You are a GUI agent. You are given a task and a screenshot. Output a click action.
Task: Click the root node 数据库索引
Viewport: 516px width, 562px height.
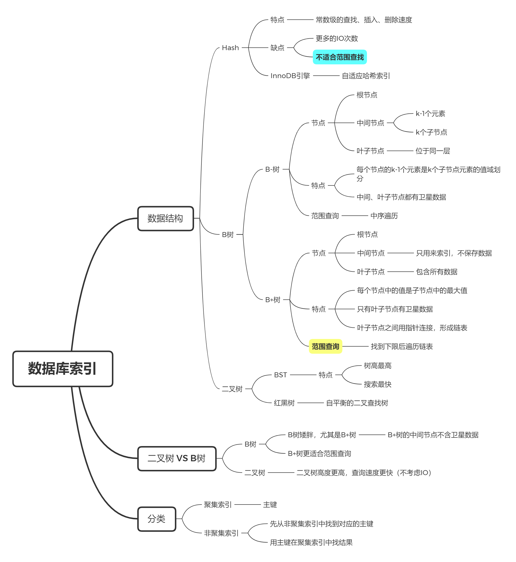tap(62, 368)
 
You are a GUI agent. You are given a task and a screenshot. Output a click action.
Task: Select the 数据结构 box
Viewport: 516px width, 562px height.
tap(165, 218)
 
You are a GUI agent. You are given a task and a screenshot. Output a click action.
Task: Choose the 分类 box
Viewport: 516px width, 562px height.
tap(156, 519)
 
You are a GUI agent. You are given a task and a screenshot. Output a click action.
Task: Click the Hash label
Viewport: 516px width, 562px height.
tap(230, 48)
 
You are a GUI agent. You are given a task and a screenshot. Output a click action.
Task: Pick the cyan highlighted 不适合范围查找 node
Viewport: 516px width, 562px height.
tap(340, 57)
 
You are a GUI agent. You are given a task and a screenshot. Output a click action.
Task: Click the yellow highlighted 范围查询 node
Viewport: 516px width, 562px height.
tap(325, 346)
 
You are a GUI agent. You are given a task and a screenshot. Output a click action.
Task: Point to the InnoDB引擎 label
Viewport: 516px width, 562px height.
tap(290, 76)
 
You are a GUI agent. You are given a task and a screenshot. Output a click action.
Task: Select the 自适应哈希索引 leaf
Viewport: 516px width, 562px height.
tap(366, 76)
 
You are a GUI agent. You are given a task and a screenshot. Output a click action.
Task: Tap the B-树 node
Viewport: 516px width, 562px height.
tap(272, 169)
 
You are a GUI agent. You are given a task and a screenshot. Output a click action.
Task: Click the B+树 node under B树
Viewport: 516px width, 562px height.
tap(273, 300)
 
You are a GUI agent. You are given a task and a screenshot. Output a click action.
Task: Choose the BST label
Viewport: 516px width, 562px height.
tap(280, 375)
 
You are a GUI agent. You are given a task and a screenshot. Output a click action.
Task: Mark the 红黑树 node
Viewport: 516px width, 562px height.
tap(284, 403)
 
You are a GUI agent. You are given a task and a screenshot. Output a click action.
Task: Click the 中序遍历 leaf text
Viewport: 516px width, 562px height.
tap(384, 216)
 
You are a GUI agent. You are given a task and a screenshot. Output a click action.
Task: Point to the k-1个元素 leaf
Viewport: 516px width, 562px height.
tap(430, 113)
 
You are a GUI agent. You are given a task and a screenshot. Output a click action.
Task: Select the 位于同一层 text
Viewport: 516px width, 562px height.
tap(433, 151)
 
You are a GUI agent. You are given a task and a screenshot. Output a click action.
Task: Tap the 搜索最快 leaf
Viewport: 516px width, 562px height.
tap(378, 384)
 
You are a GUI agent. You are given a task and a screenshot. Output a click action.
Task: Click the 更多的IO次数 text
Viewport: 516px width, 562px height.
tap(337, 39)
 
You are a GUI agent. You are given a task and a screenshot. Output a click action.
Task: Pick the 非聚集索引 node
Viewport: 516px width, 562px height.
tap(221, 533)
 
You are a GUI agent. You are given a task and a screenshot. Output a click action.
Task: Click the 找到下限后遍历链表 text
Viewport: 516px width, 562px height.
tap(402, 346)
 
